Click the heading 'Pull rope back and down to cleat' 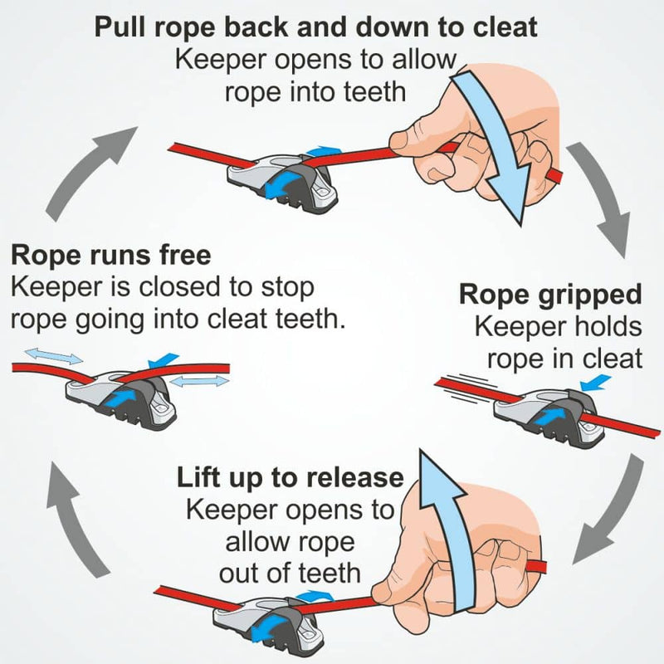pyautogui.click(x=315, y=27)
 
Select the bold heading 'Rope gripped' pyautogui.click(x=550, y=295)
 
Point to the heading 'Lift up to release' pyautogui.click(x=290, y=478)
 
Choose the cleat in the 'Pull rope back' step pyautogui.click(x=282, y=178)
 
